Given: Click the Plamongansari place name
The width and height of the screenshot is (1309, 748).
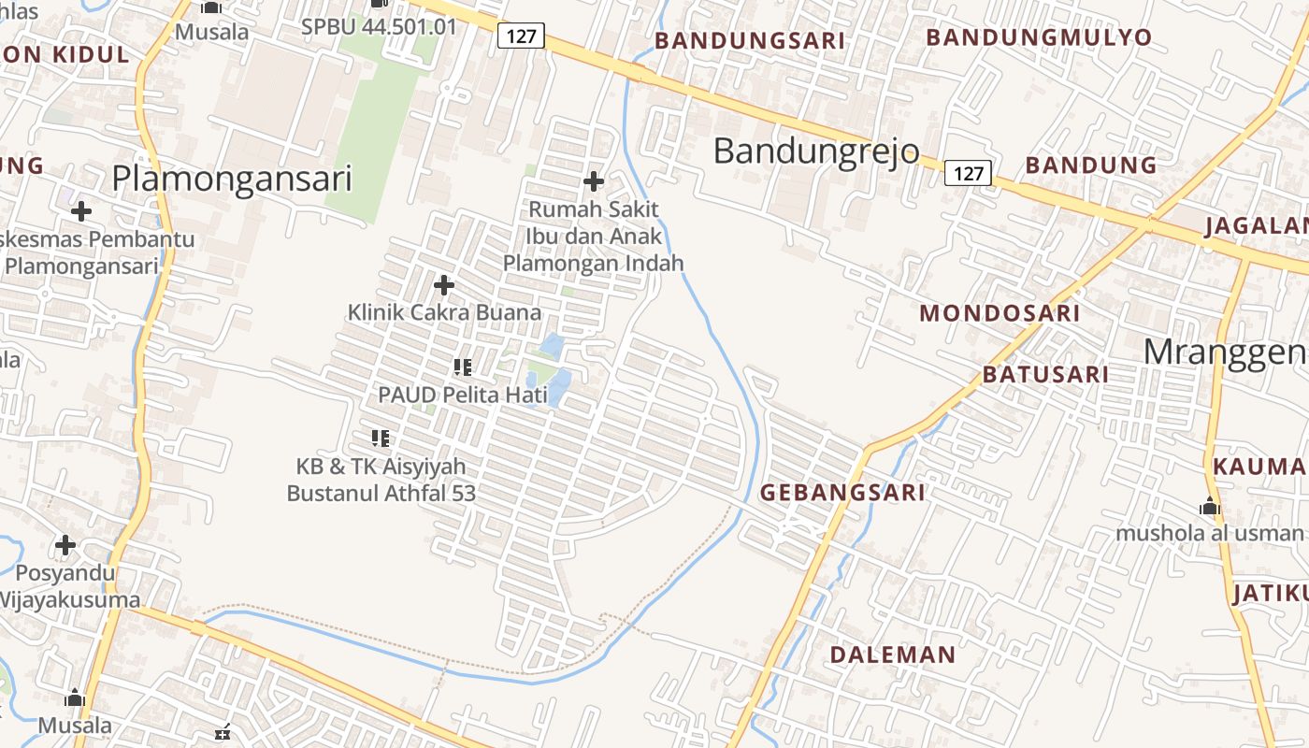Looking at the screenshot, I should tap(232, 179).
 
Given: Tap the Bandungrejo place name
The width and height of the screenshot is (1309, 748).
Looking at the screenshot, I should tap(816, 151).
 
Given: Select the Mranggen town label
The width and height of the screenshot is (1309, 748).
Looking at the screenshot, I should tap(1225, 352).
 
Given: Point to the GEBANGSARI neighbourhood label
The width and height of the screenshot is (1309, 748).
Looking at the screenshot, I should tap(842, 493).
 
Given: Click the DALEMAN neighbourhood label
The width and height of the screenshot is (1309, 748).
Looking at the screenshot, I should tap(893, 654).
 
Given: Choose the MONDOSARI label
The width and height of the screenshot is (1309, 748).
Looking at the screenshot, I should tap(1000, 313).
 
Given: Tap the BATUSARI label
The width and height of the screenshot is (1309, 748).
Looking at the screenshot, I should tap(1045, 375).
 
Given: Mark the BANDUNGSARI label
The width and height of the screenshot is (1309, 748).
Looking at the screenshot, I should tap(750, 40).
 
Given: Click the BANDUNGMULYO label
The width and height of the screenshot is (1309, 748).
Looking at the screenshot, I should tap(1039, 37).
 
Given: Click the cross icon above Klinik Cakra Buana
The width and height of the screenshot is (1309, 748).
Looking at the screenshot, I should tap(444, 284).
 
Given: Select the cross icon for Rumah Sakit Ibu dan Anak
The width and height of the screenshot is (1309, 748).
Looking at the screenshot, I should tap(594, 180).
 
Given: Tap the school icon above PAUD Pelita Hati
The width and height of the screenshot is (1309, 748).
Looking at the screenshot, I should tap(462, 367).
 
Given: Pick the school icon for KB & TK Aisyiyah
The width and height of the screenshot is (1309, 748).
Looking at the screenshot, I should tap(381, 438).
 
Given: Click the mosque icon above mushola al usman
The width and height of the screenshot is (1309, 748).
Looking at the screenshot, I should tap(1210, 507).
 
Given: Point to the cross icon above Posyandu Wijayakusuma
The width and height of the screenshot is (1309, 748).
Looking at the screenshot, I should tap(65, 544).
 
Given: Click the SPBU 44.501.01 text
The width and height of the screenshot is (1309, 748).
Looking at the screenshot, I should tap(379, 26).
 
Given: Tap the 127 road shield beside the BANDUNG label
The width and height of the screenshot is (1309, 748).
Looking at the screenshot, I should tap(968, 173).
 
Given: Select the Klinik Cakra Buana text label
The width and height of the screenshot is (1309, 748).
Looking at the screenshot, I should tap(444, 312).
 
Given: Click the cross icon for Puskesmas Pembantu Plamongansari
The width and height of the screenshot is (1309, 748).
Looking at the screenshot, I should tap(81, 211).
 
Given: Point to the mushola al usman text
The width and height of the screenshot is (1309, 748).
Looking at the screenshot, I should tap(1209, 533).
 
